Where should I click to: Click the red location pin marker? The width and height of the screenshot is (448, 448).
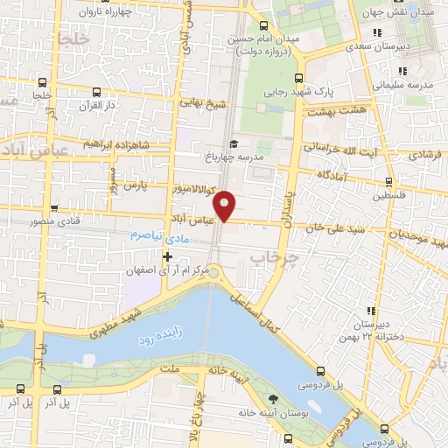click(x=226, y=204)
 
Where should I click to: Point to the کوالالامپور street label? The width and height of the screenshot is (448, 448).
click(x=185, y=187)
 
